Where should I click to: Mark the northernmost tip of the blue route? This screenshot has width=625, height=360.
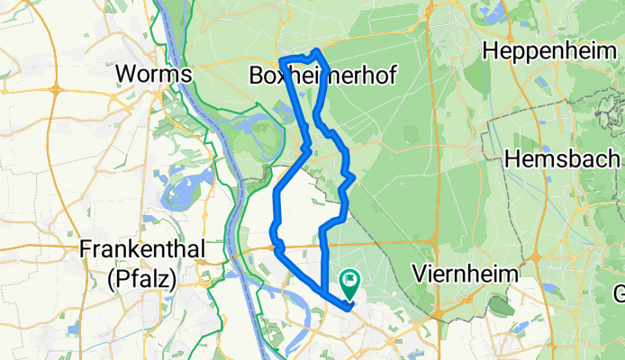tap(316, 49)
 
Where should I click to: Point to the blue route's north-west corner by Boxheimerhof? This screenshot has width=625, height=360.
tap(283, 59)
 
